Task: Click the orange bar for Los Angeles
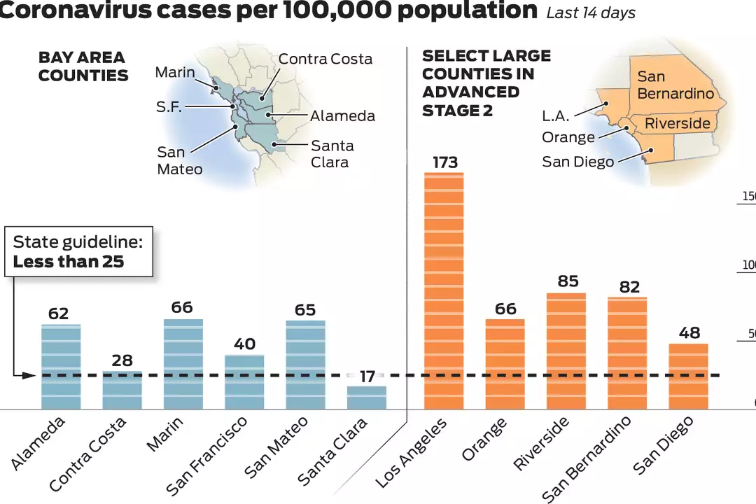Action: coord(444,290)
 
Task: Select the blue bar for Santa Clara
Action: coord(367,398)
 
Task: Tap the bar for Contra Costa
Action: coord(122,390)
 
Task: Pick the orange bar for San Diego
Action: coord(689,376)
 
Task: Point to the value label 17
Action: coord(367,377)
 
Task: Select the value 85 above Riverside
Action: coord(568,281)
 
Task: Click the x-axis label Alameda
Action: coord(38,442)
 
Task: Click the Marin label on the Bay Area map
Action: coord(175,72)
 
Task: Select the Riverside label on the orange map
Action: coord(677,124)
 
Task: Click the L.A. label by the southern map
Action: coord(556,116)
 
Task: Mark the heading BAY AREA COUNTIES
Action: coord(83,66)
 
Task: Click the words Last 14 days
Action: coord(591,13)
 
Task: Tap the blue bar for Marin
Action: coord(183,364)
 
